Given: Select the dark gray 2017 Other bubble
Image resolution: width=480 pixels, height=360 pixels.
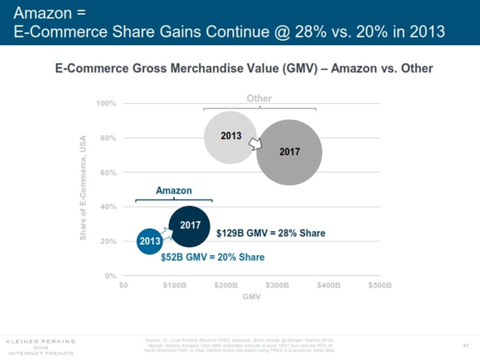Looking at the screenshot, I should point(289,152).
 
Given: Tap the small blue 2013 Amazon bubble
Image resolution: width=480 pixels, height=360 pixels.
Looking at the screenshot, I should point(150,241).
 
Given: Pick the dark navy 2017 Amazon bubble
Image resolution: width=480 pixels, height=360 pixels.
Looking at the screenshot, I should point(189,226).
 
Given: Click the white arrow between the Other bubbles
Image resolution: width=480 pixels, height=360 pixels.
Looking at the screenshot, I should point(254,143).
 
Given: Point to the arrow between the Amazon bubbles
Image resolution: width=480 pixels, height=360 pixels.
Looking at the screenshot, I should point(165,233).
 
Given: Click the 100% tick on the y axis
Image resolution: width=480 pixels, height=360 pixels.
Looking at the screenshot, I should point(106,103).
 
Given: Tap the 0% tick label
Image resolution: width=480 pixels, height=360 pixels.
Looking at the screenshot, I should point(110,276).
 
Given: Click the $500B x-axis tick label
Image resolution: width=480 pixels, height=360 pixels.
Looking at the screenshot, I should point(379,285).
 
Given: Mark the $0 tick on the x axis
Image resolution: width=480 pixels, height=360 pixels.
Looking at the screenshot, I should point(124,285).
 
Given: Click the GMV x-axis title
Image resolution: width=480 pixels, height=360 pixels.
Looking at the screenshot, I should point(252,297).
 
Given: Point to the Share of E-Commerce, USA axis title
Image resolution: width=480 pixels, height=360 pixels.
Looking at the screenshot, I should point(83,187).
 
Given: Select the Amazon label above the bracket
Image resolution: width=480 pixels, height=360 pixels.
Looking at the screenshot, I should point(174,190).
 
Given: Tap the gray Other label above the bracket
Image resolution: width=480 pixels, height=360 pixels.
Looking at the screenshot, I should point(259,98).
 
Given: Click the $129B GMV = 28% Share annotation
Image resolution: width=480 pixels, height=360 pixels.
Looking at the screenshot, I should point(270,233).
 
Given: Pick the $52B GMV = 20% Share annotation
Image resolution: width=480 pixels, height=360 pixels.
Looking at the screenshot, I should point(212,257).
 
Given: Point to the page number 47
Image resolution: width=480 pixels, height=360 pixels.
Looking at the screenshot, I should point(466,345).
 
